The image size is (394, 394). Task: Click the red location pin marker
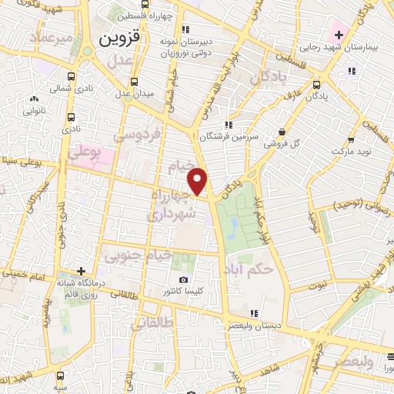199,181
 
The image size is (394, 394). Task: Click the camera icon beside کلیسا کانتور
183,279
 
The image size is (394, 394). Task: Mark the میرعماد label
50,37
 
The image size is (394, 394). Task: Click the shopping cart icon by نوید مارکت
350,141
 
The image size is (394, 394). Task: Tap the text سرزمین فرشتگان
226,136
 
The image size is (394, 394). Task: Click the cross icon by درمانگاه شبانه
82,271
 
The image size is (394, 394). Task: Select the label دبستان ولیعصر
251,326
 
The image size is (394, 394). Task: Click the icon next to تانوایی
34,99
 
